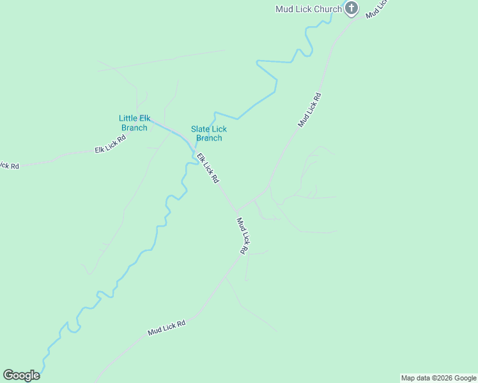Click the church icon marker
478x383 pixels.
(351, 8)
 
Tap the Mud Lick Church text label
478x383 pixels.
(309, 9)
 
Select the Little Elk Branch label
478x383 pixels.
(134, 123)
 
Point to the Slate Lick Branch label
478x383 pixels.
(209, 133)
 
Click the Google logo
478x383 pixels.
(21, 375)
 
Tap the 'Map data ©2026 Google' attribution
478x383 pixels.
(438, 378)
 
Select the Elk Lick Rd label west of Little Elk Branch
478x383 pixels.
(110, 144)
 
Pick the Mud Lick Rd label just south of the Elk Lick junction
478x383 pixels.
(242, 236)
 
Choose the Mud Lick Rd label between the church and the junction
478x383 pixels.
(309, 109)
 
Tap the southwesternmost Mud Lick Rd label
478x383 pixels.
(166, 328)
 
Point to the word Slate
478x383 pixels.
(201, 129)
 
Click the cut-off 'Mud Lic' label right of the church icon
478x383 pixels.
(376, 8)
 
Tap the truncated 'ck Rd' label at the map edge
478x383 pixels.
(9, 165)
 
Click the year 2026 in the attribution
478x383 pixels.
(444, 378)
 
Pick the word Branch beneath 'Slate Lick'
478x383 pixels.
(209, 138)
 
